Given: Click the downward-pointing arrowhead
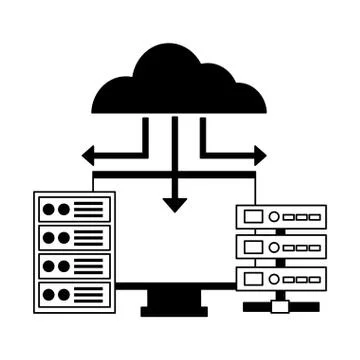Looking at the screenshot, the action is (175, 204).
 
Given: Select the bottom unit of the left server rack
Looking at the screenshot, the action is (74, 294).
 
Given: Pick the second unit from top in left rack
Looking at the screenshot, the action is (74, 239).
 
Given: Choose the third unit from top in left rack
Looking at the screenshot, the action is (74, 267).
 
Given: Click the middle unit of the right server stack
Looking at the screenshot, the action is (281, 246).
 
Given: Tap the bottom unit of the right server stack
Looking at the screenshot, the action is (281, 275).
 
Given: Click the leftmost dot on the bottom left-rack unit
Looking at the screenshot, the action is (48, 294).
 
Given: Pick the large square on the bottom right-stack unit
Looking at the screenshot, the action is (253, 275).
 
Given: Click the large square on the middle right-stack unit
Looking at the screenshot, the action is (253, 246).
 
